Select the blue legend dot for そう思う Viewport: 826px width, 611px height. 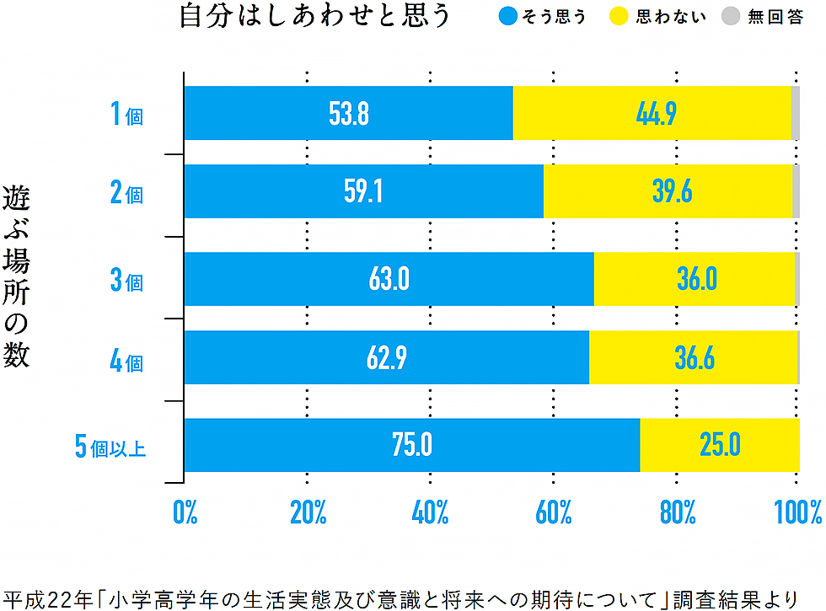[x=508, y=17]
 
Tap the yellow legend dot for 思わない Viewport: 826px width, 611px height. [x=620, y=17]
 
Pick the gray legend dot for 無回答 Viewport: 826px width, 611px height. [x=731, y=17]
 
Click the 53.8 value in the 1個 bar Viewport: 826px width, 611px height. [x=349, y=114]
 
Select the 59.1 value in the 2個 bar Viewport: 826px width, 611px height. [x=363, y=192]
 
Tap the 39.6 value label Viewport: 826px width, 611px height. [x=672, y=192]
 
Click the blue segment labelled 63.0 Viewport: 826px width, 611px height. [x=389, y=279]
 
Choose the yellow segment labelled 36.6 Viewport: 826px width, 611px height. [x=695, y=358]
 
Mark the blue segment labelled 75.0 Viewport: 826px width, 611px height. [x=412, y=445]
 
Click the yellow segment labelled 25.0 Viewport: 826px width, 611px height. [x=719, y=445]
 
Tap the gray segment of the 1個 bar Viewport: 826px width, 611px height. [x=796, y=114]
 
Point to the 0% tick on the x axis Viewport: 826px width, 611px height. [x=185, y=512]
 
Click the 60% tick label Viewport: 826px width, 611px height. [x=554, y=512]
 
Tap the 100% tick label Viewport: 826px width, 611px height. [x=797, y=512]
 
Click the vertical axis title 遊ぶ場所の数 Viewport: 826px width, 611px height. [x=16, y=276]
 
